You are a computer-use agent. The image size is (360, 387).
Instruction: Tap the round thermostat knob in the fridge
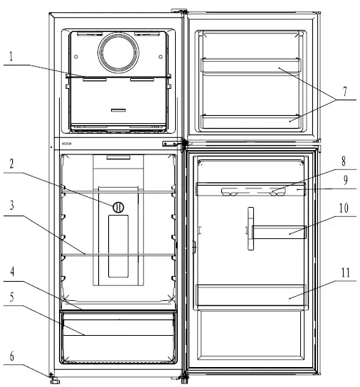118,207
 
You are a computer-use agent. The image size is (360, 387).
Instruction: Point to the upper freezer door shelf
251,66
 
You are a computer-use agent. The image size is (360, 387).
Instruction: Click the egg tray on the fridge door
251,191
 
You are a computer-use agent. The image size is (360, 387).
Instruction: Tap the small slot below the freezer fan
118,110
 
